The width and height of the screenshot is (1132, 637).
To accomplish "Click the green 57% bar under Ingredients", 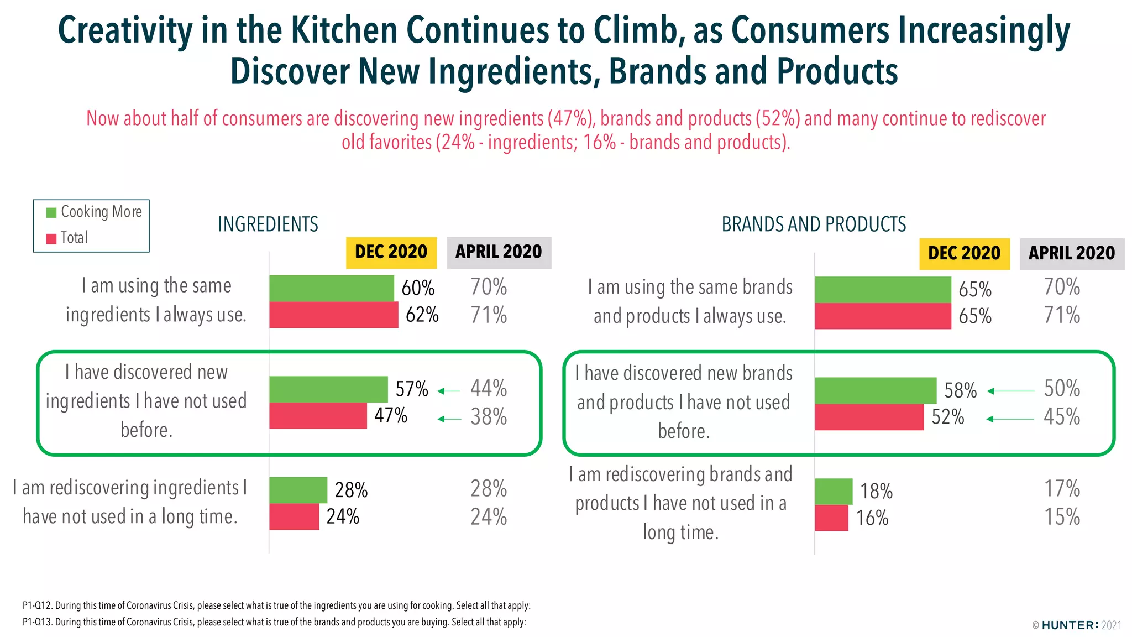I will coord(328,389).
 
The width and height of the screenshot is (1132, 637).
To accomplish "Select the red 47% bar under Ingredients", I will coord(318,416).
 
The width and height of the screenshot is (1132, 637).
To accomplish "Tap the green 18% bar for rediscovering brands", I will coord(833,491).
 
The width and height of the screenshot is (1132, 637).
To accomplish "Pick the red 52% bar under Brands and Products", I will coord(869,417).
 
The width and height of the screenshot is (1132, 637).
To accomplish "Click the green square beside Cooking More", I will coord(51,212).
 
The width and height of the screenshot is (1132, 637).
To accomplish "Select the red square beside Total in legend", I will coord(51,238).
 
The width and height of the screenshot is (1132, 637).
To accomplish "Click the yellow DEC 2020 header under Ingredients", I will coord(391,252).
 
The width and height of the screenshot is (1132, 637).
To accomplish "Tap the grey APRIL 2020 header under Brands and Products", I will coord(1071,253).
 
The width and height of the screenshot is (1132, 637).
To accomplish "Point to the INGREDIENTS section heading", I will coord(268,224).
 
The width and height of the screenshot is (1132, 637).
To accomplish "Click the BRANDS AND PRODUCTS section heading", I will coord(814,224).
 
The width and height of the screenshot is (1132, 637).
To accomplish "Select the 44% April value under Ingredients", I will coord(489,388).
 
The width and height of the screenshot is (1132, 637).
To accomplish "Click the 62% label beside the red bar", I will coord(422,315).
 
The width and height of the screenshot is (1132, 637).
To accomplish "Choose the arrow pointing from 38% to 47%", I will coord(449,419).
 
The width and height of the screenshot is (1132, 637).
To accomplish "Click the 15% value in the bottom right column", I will coord(1061,517).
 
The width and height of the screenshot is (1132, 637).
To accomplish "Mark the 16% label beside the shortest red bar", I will coord(872,518).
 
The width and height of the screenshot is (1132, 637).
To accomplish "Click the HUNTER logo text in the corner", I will coord(1070,625).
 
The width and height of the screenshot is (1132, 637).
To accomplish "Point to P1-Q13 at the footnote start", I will coord(37,622).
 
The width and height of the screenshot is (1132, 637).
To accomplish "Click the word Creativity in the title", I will coord(125,30).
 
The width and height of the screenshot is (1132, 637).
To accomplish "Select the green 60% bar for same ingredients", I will coord(332,288).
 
